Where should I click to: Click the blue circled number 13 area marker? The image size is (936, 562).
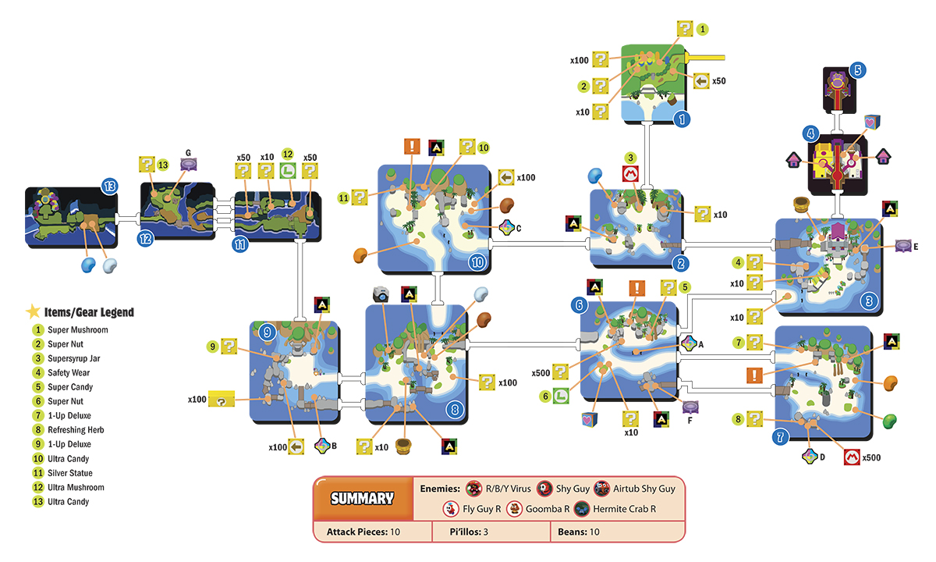109,187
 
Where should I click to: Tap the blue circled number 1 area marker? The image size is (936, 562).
682,119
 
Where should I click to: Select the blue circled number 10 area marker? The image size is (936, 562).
477,262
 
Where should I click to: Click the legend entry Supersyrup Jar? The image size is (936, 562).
73,358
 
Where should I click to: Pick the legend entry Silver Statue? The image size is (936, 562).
69,473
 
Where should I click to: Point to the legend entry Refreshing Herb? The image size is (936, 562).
76,430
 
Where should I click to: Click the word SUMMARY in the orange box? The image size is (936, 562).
362,499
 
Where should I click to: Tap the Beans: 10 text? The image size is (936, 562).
578,532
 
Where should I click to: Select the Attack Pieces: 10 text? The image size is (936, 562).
363,532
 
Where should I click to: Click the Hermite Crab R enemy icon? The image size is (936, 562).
582,509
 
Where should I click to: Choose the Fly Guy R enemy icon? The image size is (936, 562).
451,509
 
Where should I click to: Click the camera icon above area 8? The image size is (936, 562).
381,294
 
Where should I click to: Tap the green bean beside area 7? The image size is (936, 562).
890,421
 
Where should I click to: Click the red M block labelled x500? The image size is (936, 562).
852,457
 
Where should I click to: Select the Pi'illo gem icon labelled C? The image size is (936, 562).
507,227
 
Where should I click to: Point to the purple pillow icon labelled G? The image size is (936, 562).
189,165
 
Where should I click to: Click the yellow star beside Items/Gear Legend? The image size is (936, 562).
33,311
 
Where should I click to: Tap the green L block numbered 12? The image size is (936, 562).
288,171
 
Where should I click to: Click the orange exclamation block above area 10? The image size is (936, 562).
412,147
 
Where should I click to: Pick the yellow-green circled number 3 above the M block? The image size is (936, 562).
630,158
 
